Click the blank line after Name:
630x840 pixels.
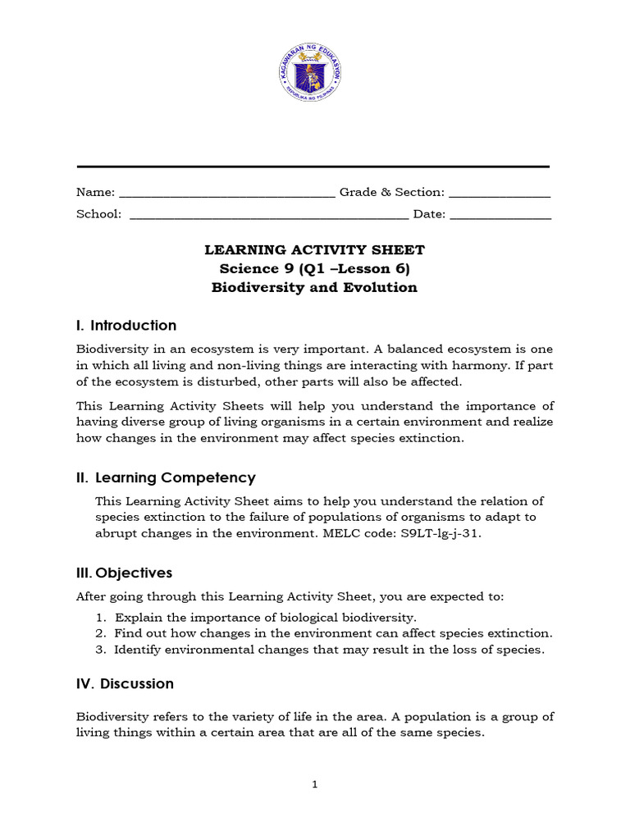coord(226,196)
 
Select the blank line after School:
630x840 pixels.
coord(269,218)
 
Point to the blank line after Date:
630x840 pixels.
coord(500,218)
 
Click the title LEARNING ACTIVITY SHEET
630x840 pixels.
coord(314,249)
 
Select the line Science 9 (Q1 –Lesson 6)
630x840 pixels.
coord(314,268)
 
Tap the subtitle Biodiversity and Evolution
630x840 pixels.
coord(314,287)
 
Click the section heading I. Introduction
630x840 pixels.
coord(126,326)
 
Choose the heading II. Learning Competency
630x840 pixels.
coord(166,477)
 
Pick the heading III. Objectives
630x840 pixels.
coord(124,573)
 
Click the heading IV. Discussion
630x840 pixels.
coord(125,683)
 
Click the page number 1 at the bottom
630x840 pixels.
coord(314,785)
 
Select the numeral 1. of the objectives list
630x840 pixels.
coord(100,617)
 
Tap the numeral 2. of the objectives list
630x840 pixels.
coord(100,633)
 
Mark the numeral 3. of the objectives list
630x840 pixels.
coord(100,650)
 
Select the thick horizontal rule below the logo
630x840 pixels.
coord(313,167)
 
